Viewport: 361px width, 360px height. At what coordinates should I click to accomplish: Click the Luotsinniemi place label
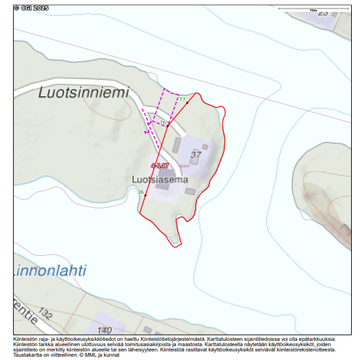pyautogui.click(x=83, y=93)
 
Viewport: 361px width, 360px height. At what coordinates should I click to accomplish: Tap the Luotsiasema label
pyautogui.click(x=160, y=179)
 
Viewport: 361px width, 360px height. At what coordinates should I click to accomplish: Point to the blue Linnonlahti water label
pyautogui.click(x=49, y=270)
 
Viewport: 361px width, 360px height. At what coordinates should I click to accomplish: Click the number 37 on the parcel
pyautogui.click(x=196, y=156)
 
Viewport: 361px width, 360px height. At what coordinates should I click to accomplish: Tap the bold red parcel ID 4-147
pyautogui.click(x=159, y=165)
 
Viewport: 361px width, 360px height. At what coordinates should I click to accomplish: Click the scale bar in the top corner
pyautogui.click(x=313, y=9)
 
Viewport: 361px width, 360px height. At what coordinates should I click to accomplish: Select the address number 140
pyautogui.click(x=104, y=329)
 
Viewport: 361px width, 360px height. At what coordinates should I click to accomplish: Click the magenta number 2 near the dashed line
pyautogui.click(x=146, y=131)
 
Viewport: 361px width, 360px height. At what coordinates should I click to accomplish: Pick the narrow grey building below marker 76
pyautogui.click(x=176, y=144)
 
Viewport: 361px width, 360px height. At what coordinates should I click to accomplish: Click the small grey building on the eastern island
pyautogui.click(x=345, y=230)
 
